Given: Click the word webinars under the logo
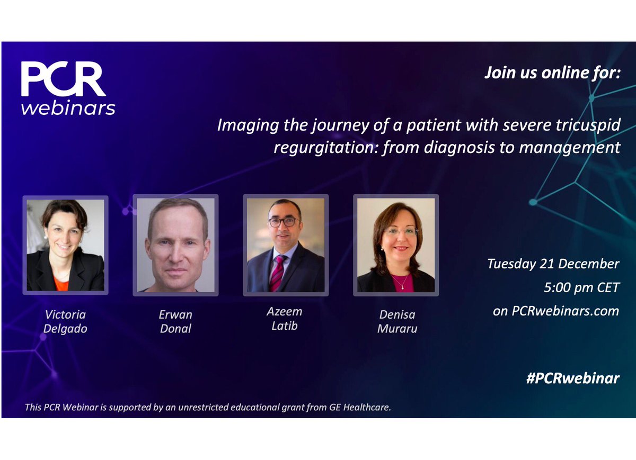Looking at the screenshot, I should (68, 107).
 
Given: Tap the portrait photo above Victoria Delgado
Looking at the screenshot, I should (65, 245).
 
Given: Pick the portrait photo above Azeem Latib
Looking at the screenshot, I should (286, 245).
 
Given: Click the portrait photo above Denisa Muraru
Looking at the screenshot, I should (396, 245).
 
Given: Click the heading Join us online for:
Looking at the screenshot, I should (551, 73).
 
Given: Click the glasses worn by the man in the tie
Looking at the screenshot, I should (285, 222).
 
